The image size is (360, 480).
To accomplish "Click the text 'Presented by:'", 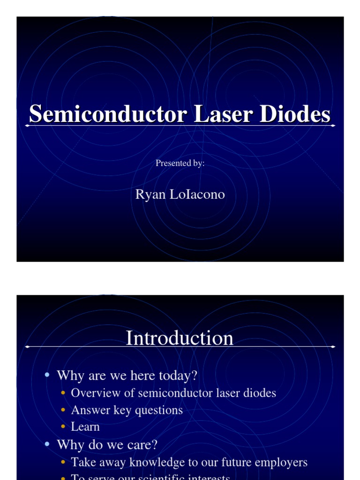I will coord(180,163).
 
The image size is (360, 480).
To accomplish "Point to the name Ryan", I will coord(150,194).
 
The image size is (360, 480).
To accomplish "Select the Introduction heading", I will coord(180,338).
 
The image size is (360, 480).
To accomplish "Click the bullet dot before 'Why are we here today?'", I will coord(47,375).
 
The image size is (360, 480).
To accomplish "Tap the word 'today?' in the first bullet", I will coord(179,375).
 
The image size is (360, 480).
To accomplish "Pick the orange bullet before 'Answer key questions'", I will coord(63,410).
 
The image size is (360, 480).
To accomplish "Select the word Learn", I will coord(85,427).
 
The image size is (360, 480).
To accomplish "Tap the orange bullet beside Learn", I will coord(63,427).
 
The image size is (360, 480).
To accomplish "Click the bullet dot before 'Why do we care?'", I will coord(47,445).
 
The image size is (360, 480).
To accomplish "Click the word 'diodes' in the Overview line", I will coord(259,393).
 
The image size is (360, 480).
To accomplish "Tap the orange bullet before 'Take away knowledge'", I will coord(63,463).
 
